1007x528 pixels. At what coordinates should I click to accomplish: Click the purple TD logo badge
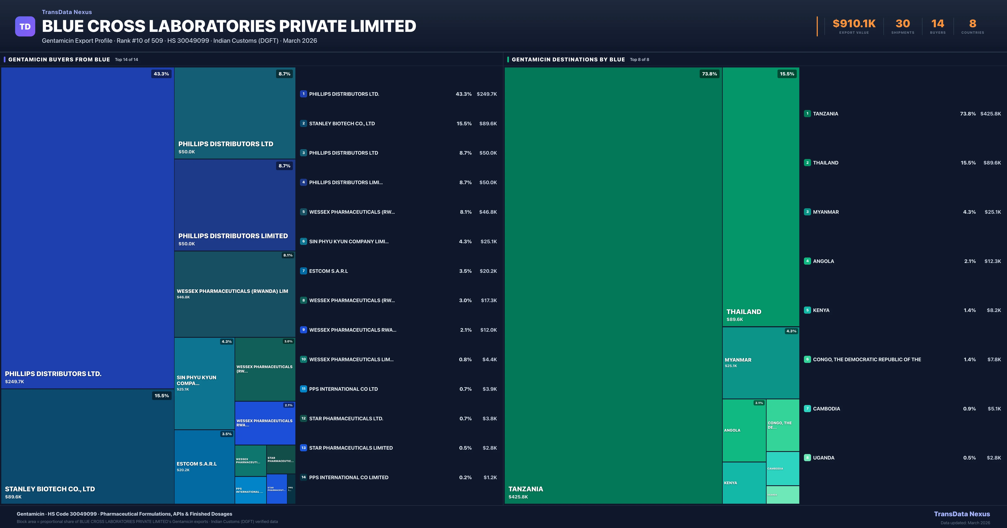tap(25, 27)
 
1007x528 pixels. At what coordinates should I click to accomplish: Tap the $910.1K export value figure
tap(854, 24)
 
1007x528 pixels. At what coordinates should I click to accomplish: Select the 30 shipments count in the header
tap(903, 24)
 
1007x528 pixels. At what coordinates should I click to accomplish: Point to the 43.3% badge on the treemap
tap(161, 74)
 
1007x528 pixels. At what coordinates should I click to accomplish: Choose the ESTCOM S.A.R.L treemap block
tap(204, 467)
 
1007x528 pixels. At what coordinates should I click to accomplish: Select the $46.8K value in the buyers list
tap(488, 212)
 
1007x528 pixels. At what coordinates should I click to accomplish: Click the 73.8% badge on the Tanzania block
tap(709, 74)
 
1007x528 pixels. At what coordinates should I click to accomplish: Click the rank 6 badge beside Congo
tap(807, 359)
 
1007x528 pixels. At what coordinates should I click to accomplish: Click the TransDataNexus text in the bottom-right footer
tap(962, 514)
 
